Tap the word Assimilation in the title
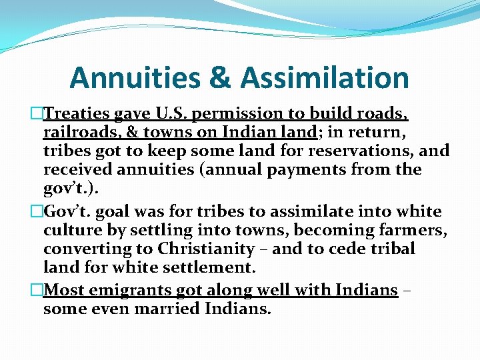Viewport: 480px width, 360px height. [x=325, y=78]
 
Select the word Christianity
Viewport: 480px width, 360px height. [x=205, y=249]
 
